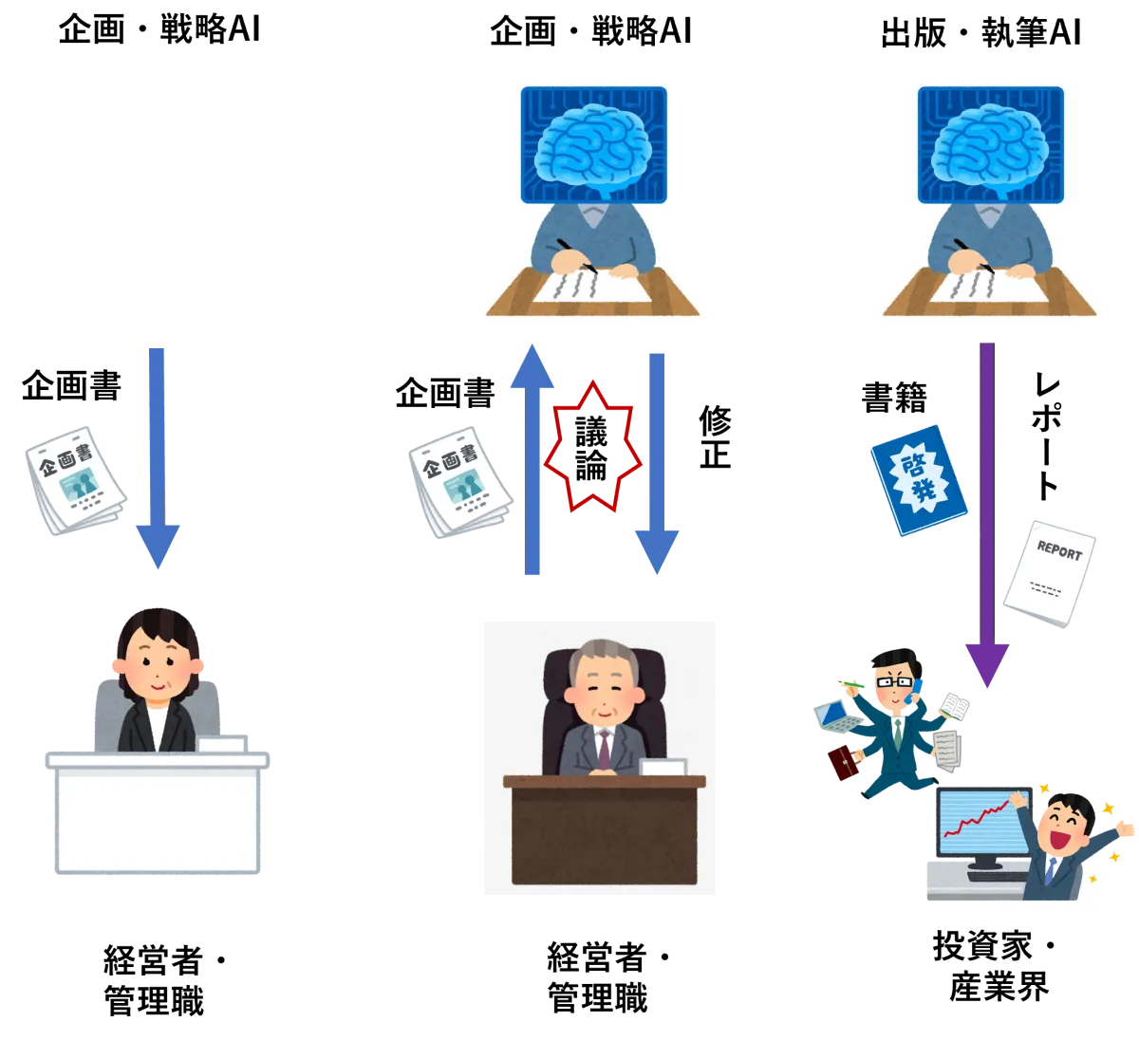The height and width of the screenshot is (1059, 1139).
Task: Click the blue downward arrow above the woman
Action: pos(156,455)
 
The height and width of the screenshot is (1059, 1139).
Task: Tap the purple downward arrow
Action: pos(986,512)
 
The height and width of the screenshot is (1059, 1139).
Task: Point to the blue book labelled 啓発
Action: pos(918,476)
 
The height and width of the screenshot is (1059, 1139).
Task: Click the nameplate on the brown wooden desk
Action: pos(663,768)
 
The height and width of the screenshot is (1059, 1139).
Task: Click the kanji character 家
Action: pos(1017,947)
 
